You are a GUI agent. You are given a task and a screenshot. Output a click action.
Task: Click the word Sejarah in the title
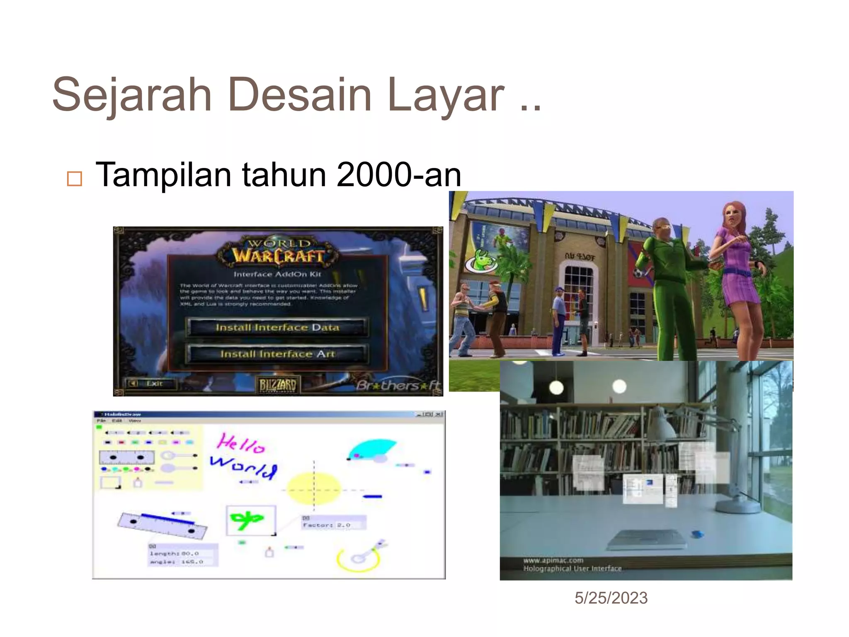tap(132, 95)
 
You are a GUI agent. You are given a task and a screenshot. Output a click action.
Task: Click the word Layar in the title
tap(446, 95)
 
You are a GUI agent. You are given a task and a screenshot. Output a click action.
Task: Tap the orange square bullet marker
tap(74, 179)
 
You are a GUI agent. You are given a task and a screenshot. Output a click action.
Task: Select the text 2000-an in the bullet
tap(399, 175)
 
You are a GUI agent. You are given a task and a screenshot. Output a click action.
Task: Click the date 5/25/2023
tap(611, 598)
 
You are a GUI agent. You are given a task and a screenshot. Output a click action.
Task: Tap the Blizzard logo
tap(277, 385)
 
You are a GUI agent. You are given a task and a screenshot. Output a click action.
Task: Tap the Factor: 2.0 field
tap(333, 525)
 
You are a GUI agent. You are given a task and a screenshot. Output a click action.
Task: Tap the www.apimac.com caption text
tap(553, 560)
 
